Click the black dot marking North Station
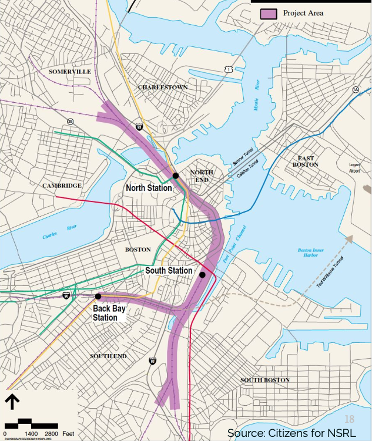click(x=175, y=176)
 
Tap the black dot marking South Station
click(x=202, y=275)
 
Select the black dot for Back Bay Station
click(x=98, y=297)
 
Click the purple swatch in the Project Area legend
click(x=269, y=13)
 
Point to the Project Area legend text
click(x=303, y=13)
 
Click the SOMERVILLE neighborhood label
click(x=70, y=72)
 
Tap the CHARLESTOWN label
click(x=163, y=87)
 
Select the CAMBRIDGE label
click(x=62, y=186)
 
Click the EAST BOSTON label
click(x=306, y=161)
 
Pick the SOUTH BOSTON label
click(x=265, y=380)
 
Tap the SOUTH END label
click(x=108, y=356)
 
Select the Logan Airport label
click(x=354, y=167)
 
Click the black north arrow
click(x=12, y=402)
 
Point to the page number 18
click(x=350, y=419)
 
